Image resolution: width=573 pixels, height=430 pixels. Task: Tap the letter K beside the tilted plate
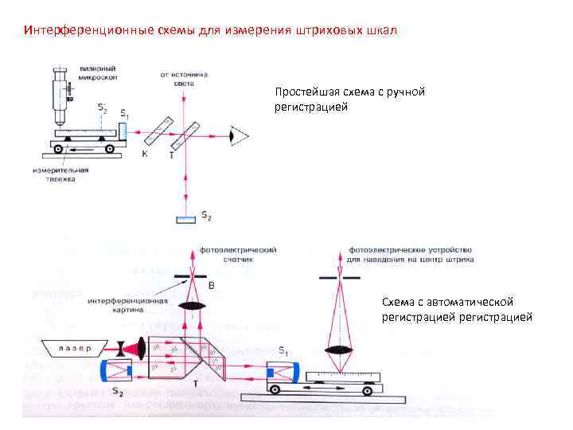[144, 153]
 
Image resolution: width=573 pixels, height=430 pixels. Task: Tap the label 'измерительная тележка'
[60, 174]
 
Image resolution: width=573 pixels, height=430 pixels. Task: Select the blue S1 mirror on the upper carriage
[123, 131]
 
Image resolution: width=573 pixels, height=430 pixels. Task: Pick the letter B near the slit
[210, 284]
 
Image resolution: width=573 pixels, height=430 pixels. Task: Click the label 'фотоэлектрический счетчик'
[238, 254]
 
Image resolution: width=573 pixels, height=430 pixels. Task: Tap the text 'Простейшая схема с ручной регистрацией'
[349, 99]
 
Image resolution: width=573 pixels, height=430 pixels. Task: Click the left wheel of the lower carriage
[277, 389]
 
